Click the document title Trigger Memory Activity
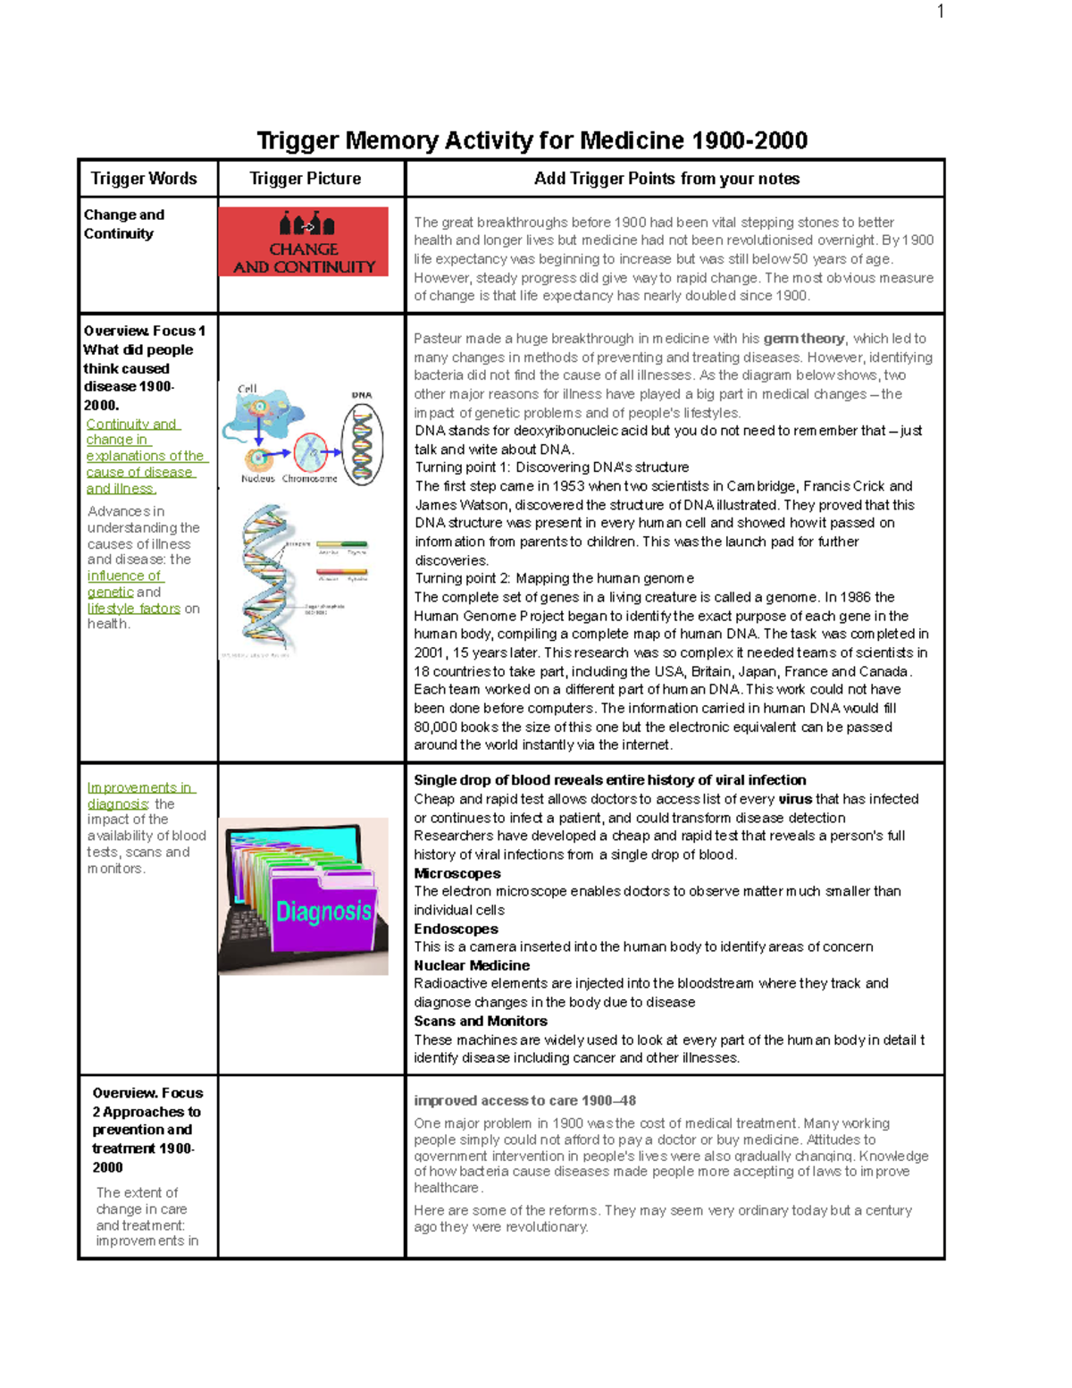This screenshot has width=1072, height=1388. (x=532, y=141)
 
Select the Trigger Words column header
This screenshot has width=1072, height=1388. (x=144, y=179)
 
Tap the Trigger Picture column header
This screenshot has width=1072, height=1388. (x=306, y=179)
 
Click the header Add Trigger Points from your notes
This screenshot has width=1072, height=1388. (x=666, y=179)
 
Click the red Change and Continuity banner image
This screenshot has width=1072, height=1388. (x=304, y=241)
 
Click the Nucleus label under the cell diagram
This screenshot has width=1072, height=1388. (x=258, y=479)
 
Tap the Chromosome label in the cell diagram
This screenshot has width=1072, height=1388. (x=309, y=479)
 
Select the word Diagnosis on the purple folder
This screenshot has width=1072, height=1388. (x=323, y=912)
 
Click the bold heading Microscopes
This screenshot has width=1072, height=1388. (x=457, y=873)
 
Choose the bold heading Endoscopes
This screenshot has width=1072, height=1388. (x=456, y=929)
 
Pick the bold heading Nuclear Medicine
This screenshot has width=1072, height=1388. (x=472, y=965)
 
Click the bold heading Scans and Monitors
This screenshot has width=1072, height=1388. (x=481, y=1021)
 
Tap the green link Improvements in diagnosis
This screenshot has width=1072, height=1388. (x=139, y=795)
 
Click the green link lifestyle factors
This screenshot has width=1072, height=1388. (x=134, y=609)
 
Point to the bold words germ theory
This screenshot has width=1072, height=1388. (x=804, y=339)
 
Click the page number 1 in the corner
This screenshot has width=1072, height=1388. (x=940, y=12)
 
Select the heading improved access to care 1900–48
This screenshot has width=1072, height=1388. (x=524, y=1101)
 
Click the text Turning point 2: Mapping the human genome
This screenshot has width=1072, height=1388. (x=554, y=578)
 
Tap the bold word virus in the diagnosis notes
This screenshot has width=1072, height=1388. (x=795, y=799)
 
